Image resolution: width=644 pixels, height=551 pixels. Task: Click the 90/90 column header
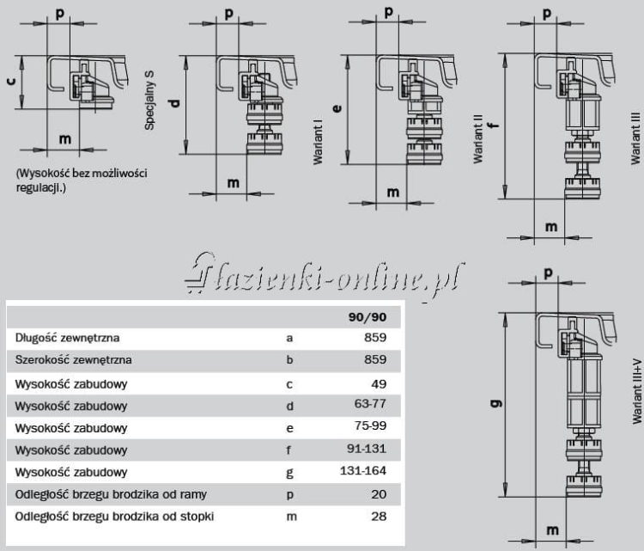point(368,317)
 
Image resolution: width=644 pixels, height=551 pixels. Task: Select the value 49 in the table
point(379,384)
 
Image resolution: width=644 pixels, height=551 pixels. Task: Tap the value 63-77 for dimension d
point(370,404)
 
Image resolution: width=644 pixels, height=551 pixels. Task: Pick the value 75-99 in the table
point(370,425)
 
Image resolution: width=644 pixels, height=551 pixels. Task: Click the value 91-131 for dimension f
point(367,448)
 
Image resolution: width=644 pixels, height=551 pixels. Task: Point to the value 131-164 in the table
point(363,470)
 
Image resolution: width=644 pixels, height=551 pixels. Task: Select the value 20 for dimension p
point(379,494)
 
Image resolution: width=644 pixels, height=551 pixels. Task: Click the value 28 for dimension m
point(379,516)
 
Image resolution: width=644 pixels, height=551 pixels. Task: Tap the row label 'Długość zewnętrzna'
point(67,338)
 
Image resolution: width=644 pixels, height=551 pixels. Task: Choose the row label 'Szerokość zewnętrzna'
point(74,360)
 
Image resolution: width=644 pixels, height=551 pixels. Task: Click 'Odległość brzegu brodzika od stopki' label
point(114,517)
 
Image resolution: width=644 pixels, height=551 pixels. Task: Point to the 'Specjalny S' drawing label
point(149,101)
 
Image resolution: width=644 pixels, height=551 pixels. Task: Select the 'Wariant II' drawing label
point(477,139)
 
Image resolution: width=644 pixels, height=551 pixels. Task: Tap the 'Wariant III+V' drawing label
point(637,391)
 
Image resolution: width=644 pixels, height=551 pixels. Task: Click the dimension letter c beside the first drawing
point(11,81)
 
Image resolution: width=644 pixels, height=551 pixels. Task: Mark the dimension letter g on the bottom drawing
point(497,403)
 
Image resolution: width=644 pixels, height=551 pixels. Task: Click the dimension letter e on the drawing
point(337,108)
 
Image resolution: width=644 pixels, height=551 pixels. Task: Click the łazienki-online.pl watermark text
point(325,275)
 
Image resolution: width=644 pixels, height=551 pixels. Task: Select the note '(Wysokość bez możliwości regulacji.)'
point(82,181)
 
